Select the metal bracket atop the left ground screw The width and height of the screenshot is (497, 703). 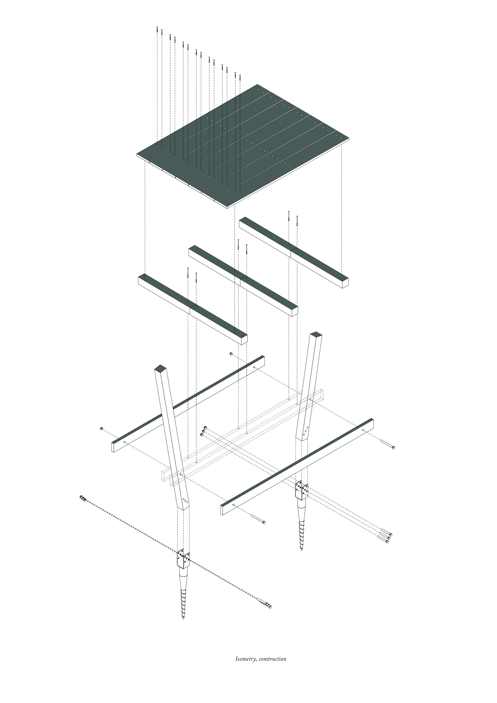click(183, 559)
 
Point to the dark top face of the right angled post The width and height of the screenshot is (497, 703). click(316, 335)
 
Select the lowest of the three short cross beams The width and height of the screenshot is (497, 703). click(193, 309)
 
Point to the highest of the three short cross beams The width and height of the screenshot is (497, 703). click(294, 252)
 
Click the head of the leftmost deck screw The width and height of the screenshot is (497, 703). click(157, 27)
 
